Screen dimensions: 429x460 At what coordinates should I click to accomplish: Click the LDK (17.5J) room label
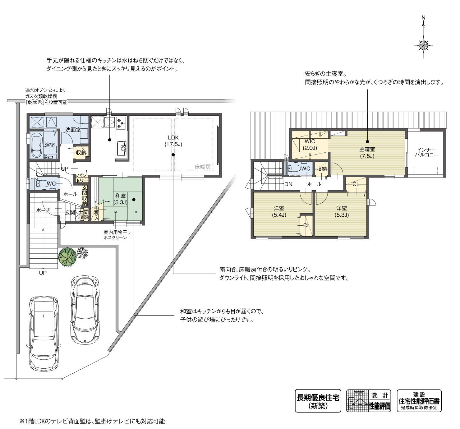[x=173, y=141]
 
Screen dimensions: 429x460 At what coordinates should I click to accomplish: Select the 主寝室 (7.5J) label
[x=367, y=153]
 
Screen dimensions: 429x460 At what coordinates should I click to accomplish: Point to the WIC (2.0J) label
[x=310, y=145]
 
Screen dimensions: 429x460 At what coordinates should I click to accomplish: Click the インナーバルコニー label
[x=428, y=152]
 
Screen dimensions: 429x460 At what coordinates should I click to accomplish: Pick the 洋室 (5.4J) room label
[x=279, y=211]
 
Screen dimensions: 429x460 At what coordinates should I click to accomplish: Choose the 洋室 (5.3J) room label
[x=341, y=211]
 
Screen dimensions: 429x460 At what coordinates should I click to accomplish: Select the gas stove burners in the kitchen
[x=120, y=123]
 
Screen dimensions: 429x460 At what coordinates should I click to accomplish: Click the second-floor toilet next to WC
[x=294, y=168]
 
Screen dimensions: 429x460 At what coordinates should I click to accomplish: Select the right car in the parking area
[x=85, y=310]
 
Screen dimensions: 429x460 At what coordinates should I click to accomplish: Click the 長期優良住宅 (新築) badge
[x=318, y=401]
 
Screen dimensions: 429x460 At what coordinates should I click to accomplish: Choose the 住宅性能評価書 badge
[x=419, y=401]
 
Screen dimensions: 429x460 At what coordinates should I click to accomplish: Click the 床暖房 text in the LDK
[x=202, y=167]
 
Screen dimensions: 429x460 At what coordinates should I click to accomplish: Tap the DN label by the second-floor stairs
[x=288, y=184]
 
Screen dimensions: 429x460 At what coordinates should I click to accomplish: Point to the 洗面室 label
[x=73, y=130]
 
